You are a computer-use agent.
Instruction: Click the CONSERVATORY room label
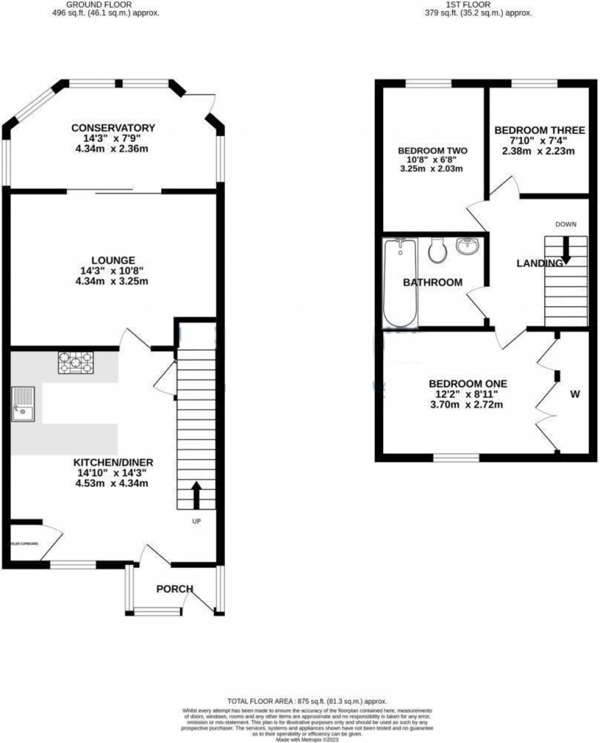tap(113, 128)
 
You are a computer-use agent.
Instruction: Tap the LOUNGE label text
tap(113, 260)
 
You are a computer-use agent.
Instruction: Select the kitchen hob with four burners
tap(75, 362)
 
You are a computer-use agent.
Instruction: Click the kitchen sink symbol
tap(23, 405)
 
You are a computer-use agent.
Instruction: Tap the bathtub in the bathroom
tap(400, 282)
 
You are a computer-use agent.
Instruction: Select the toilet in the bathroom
tap(437, 250)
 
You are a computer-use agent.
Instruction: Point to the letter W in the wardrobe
tap(575, 395)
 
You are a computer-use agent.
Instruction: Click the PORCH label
tap(175, 589)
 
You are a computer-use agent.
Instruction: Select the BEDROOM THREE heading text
tap(540, 130)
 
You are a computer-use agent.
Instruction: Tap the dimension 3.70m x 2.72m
tap(467, 405)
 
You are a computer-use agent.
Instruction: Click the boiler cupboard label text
tap(24, 544)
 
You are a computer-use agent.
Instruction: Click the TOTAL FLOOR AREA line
tap(307, 701)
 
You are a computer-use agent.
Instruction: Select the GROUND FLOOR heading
tap(105, 4)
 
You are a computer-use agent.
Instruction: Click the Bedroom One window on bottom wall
tap(456, 457)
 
